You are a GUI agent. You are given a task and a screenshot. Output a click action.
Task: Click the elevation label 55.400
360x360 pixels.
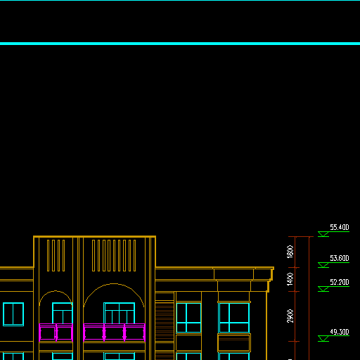tap(340, 227)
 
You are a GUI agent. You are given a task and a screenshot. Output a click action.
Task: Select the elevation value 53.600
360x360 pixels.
tap(340, 258)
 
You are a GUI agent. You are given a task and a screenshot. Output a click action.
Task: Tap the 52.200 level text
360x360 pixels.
tap(340, 282)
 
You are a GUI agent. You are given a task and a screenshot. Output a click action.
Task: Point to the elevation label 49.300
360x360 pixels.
tap(340, 332)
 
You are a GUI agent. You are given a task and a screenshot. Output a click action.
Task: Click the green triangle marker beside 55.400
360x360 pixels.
tap(323, 234)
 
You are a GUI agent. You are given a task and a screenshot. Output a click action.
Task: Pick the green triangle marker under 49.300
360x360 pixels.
tap(323, 338)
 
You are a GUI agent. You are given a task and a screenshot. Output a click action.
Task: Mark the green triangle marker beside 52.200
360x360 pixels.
tap(323, 289)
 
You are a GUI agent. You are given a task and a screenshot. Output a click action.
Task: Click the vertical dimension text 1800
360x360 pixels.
tap(290, 252)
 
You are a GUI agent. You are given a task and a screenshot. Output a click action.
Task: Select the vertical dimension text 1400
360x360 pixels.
tap(290, 279)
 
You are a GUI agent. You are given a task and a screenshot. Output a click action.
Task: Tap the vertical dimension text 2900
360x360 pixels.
tap(290, 316)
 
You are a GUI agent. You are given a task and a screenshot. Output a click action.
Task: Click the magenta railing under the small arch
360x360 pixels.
tap(56, 333)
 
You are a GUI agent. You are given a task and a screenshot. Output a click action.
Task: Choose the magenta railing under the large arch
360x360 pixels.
tap(114, 333)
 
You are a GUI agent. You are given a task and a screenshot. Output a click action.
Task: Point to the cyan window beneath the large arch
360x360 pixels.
tap(119, 313)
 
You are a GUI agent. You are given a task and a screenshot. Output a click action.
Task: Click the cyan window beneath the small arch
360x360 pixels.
tap(63, 313)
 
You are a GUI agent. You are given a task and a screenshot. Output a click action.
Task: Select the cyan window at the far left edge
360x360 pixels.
tap(13, 314)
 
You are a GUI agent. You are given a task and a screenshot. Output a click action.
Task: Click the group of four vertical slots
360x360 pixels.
tap(56, 255)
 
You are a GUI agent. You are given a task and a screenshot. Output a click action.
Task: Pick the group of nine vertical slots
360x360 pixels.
tap(114, 255)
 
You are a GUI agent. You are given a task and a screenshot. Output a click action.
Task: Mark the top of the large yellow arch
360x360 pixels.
tap(114, 284)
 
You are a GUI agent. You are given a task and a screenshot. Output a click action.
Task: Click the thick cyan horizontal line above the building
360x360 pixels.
tap(180, 44)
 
